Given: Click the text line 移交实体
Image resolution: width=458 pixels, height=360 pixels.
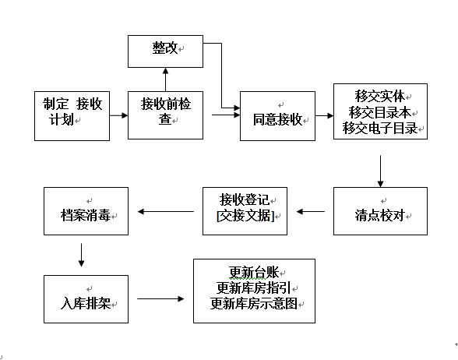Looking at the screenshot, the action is pyautogui.click(x=380, y=96).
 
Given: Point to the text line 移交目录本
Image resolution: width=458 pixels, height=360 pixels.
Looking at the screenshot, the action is pyautogui.click(x=380, y=112).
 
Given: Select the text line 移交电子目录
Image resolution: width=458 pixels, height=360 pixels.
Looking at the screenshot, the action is pyautogui.click(x=380, y=128).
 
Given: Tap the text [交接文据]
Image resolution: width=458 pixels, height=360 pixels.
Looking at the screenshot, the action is pyautogui.click(x=245, y=216).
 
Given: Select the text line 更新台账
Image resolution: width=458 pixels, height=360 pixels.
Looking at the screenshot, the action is pyautogui.click(x=254, y=273).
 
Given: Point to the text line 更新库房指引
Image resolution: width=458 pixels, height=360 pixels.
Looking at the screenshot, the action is pyautogui.click(x=254, y=288).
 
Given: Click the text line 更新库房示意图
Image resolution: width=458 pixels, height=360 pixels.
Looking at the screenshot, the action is pyautogui.click(x=254, y=304).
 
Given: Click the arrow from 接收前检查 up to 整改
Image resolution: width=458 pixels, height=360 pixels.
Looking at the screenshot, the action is pyautogui.click(x=166, y=79).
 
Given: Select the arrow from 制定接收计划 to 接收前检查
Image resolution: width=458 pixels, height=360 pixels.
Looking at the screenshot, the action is pyautogui.click(x=119, y=115).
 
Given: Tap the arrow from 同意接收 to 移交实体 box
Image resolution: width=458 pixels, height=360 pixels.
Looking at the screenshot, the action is pyautogui.click(x=325, y=115).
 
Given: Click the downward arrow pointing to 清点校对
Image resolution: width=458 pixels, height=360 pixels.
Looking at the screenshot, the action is pyautogui.click(x=380, y=171).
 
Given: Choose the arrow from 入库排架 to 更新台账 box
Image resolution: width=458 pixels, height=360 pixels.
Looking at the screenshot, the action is pyautogui.click(x=160, y=298).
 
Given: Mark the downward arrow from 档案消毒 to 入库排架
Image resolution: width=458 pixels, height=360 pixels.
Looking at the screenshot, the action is pyautogui.click(x=82, y=255).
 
